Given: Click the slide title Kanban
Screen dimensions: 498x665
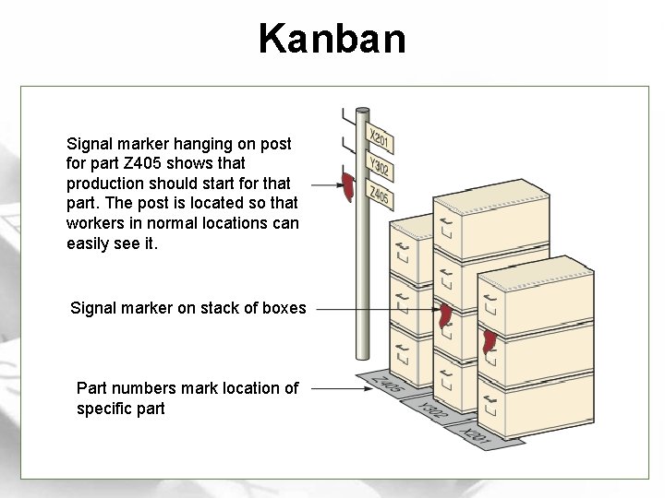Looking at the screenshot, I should (332, 39).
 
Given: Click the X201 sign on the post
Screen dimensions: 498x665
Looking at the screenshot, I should (381, 141).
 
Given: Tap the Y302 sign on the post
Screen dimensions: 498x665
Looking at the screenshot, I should (380, 168).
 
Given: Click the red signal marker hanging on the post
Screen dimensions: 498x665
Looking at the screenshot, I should (349, 186).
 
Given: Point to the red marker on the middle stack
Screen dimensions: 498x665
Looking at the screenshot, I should (447, 314).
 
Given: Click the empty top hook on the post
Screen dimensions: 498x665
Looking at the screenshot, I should (345, 116).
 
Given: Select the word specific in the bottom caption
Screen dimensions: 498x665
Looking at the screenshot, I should (105, 409).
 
